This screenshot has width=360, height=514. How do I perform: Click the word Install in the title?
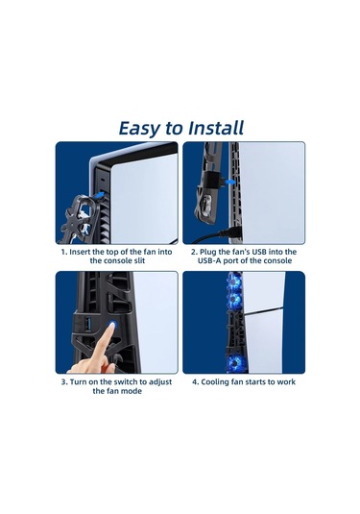click(216, 128)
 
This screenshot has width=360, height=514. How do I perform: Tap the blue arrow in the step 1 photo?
click(99, 195)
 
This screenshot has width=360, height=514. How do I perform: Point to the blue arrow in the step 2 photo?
click(230, 182)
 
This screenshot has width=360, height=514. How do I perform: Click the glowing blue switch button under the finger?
click(112, 326)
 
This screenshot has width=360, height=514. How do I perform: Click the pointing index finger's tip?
click(111, 325)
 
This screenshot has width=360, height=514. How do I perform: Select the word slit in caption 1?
click(138, 261)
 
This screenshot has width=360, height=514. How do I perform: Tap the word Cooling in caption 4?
click(215, 381)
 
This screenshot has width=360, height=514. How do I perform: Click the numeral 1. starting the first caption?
click(64, 252)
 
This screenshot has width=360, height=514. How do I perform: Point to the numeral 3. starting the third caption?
click(64, 381)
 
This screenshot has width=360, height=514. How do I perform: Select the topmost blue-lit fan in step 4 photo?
click(234, 281)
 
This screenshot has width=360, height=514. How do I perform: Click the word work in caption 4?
click(286, 381)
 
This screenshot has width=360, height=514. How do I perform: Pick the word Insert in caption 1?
click(81, 252)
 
